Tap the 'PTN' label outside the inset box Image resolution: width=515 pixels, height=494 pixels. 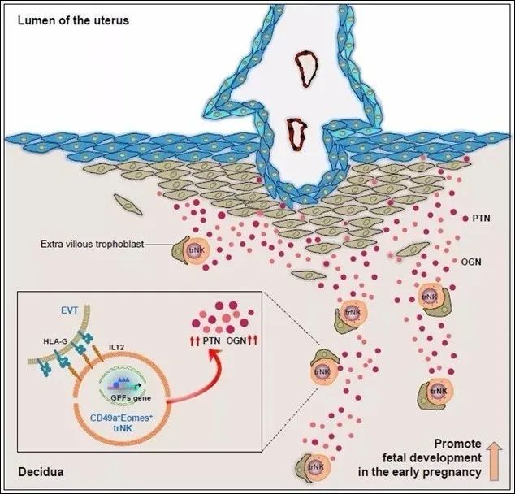(481, 219)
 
